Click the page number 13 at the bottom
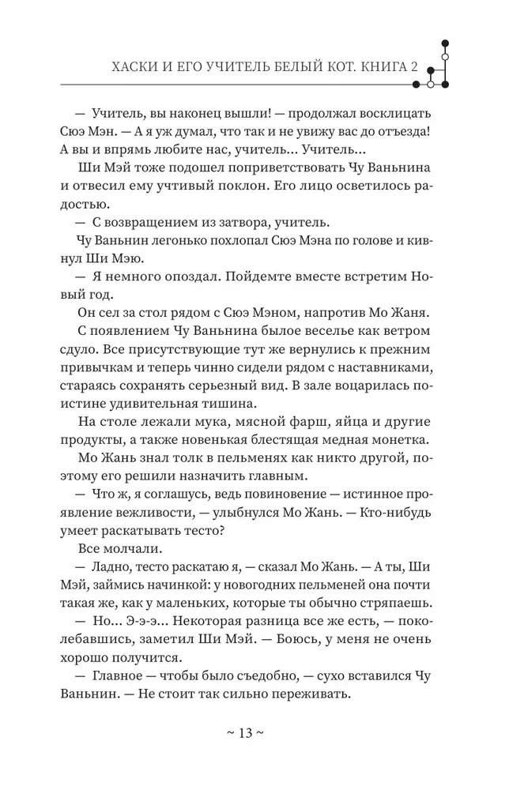tap(245, 732)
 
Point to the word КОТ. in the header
tap(338, 66)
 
